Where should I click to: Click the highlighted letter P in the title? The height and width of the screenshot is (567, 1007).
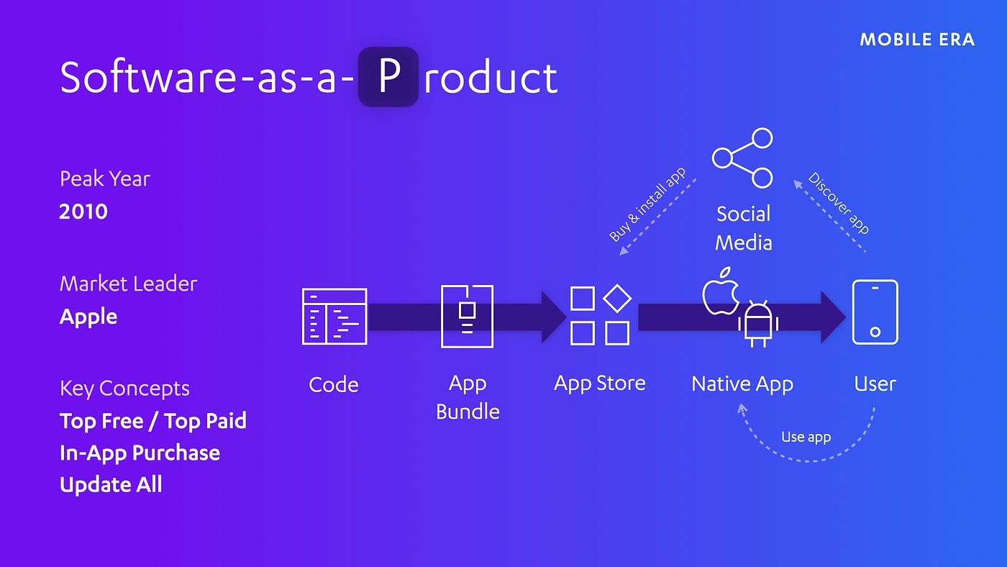point(388,77)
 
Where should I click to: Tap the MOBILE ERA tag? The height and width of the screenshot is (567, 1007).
point(917,40)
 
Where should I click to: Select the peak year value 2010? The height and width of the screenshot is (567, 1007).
point(83,212)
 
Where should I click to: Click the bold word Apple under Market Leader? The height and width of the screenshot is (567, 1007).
point(88,317)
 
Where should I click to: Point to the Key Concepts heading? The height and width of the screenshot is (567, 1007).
point(124,388)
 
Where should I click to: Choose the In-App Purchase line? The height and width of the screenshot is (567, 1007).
point(140,453)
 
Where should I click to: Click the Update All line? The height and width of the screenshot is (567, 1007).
point(111,484)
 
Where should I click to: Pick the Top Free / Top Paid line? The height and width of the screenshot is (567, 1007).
point(152,420)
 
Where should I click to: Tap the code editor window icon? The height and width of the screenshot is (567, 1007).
point(334,316)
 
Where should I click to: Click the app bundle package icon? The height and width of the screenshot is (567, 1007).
point(467,316)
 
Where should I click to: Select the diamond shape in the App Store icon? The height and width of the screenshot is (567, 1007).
point(616,298)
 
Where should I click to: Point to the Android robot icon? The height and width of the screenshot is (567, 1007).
point(757,323)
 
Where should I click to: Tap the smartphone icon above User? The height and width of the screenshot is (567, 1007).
point(875,312)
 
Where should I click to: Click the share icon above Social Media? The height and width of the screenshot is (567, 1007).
point(742,158)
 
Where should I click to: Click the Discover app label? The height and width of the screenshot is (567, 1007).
point(839,203)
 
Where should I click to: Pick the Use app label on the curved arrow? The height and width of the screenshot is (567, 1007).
point(806,437)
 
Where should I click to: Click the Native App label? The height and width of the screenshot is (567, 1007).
point(742,384)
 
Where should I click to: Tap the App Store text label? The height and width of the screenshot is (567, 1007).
point(599,383)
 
